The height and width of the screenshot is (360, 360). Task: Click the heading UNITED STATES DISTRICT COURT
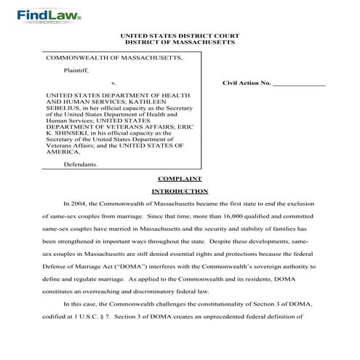click(179, 36)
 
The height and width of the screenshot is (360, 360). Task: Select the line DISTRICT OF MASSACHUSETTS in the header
click(179, 43)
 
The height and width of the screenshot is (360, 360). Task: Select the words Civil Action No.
click(247, 84)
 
